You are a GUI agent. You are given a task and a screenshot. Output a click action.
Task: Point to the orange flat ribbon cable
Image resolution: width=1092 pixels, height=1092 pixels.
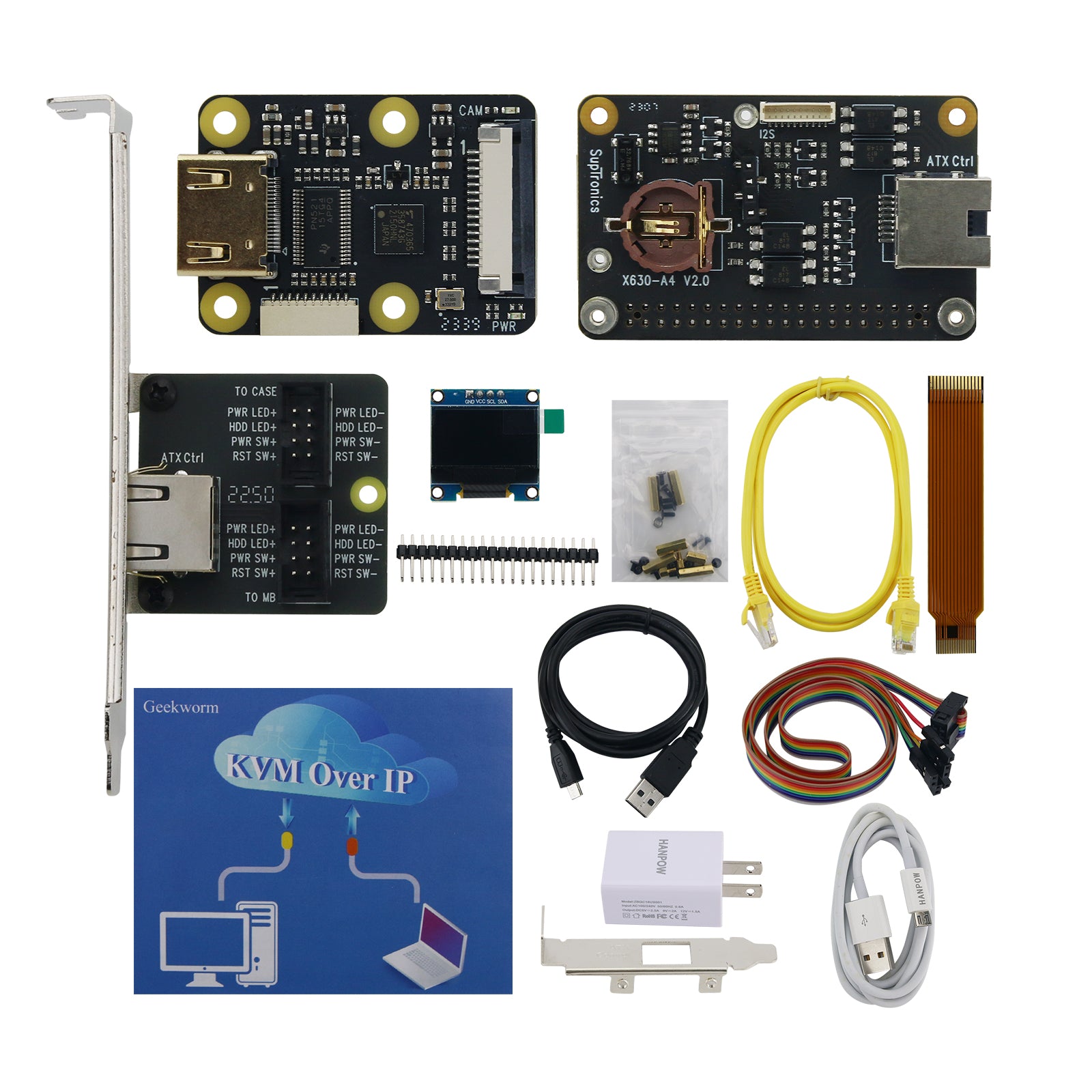(x=955, y=512)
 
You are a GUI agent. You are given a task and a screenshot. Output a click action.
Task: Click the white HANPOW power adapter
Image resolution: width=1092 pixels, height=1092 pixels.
(x=662, y=877)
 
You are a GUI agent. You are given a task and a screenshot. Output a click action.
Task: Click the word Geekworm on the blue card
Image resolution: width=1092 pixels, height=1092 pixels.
(x=181, y=707)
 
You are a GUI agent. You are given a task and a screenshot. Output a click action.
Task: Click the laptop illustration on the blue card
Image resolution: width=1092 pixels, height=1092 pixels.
(x=427, y=945)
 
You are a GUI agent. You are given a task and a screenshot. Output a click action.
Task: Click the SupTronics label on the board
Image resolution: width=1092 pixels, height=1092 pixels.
(x=596, y=181)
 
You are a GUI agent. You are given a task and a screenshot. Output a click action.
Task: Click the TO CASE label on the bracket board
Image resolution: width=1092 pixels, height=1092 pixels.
(x=256, y=392)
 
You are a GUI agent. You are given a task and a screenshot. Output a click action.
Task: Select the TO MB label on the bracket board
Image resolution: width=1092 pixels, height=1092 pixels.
(x=260, y=597)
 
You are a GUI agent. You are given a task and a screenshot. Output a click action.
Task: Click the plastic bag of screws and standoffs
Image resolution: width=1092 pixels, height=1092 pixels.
(x=669, y=491)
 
